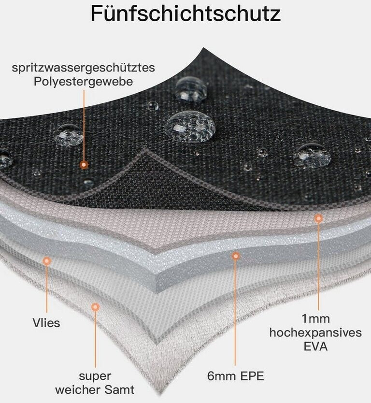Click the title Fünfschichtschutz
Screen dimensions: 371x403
pos(185,14)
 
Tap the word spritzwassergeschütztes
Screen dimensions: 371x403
pos(84,68)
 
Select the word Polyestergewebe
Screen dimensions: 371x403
pos(84,82)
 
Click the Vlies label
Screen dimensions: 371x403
pos(47,323)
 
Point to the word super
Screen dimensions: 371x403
pos(95,376)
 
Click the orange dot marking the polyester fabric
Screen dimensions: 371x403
pos(84,165)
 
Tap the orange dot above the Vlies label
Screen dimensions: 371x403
pos(47,261)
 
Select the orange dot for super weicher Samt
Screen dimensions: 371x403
pos(95,307)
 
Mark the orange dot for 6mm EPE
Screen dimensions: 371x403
pos(236,256)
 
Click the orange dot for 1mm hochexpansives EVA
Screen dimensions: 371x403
pos(318,219)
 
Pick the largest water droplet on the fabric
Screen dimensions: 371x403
pos(190,127)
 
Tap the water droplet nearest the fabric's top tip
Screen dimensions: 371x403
pos(191,88)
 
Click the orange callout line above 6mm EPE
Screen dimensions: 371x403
pos(236,314)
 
